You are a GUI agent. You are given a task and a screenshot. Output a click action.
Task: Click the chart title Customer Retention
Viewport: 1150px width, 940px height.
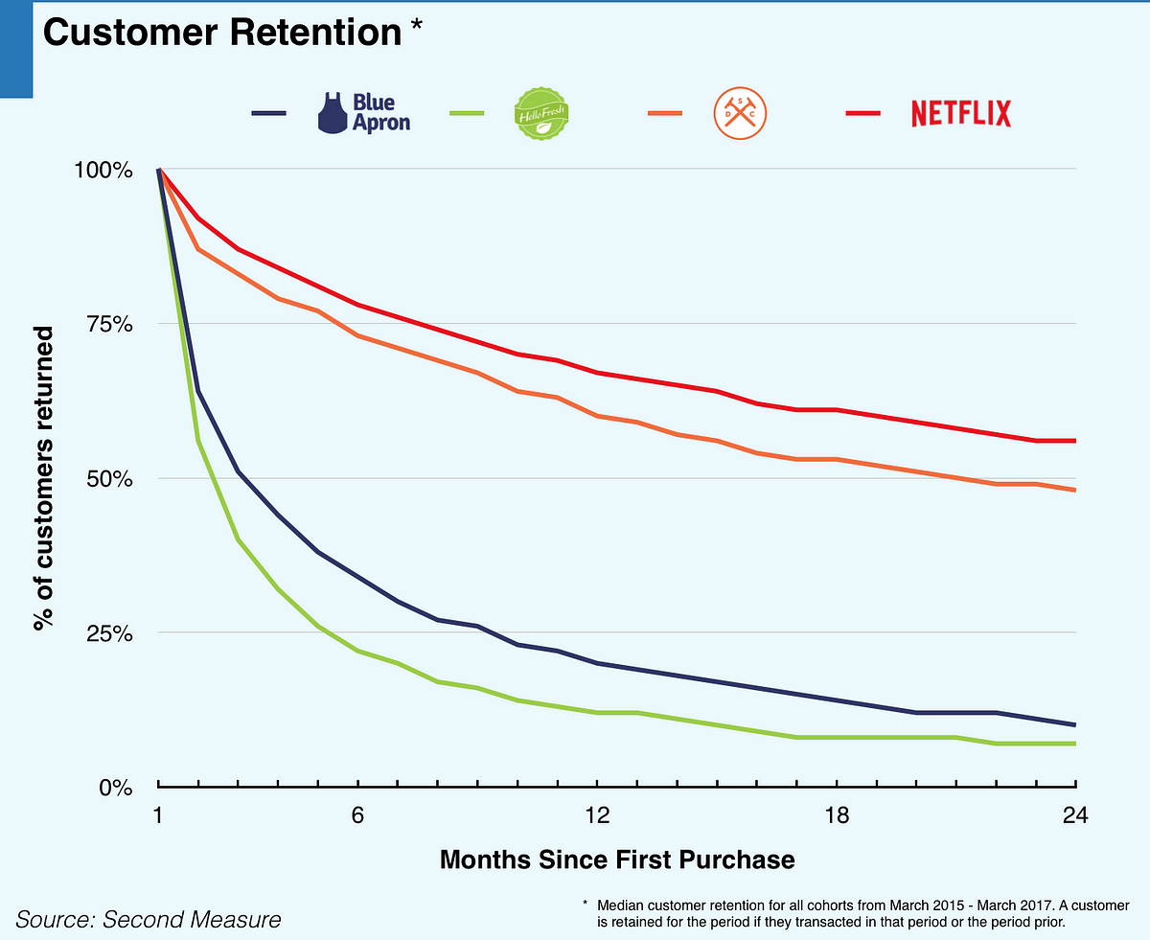221,33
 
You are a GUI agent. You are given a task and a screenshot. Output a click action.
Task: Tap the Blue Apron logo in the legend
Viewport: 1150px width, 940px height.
363,113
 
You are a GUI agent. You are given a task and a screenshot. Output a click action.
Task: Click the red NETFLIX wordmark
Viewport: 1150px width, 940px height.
960,113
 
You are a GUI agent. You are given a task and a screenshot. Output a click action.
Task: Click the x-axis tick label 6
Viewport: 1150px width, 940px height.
357,815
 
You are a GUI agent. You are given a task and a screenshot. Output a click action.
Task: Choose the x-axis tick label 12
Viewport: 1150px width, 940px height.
598,815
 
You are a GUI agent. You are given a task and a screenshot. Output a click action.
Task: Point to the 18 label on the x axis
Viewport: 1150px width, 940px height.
838,815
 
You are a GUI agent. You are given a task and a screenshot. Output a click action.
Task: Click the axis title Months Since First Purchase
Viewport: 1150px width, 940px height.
617,859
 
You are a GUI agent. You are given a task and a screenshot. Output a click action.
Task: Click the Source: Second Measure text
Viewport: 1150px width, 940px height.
149,920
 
